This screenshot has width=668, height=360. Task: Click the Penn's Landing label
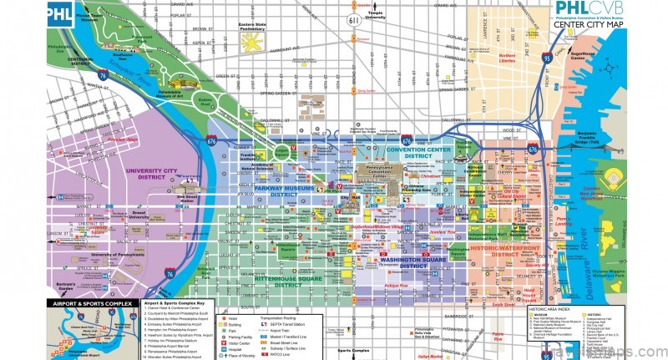565,226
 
